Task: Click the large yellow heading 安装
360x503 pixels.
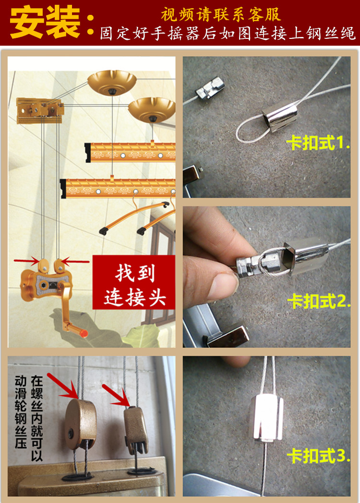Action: (46, 22)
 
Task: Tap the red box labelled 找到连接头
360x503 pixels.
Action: (134, 286)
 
